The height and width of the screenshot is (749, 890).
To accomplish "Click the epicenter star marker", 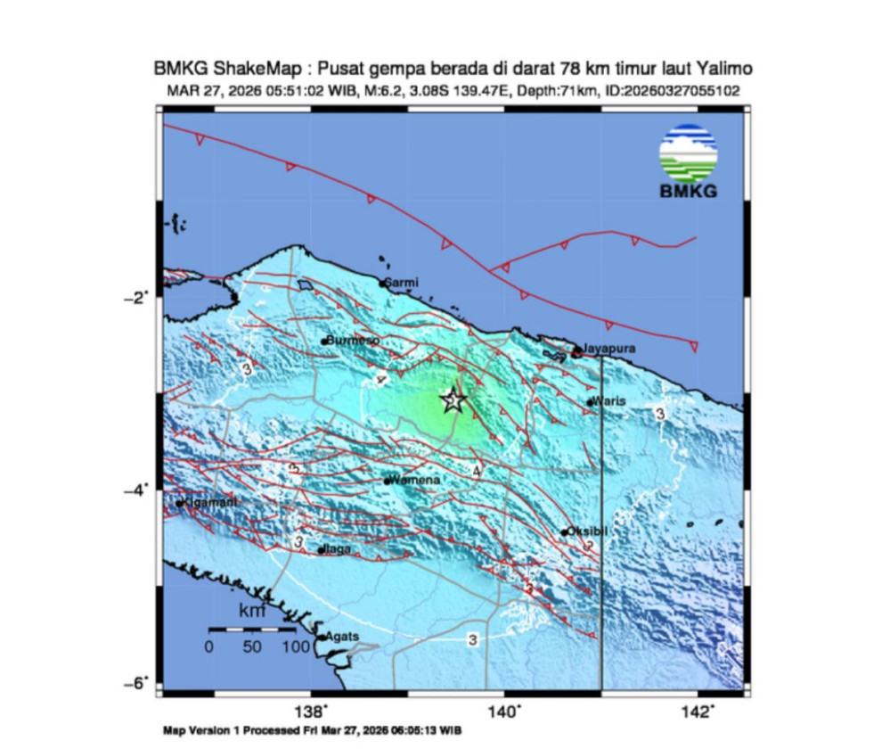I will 453,400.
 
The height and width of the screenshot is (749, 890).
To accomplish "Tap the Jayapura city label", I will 608,350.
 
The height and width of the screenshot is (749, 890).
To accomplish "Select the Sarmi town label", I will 402,283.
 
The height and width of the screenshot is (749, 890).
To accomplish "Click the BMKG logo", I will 689,161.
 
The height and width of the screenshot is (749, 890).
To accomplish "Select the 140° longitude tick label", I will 504,711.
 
